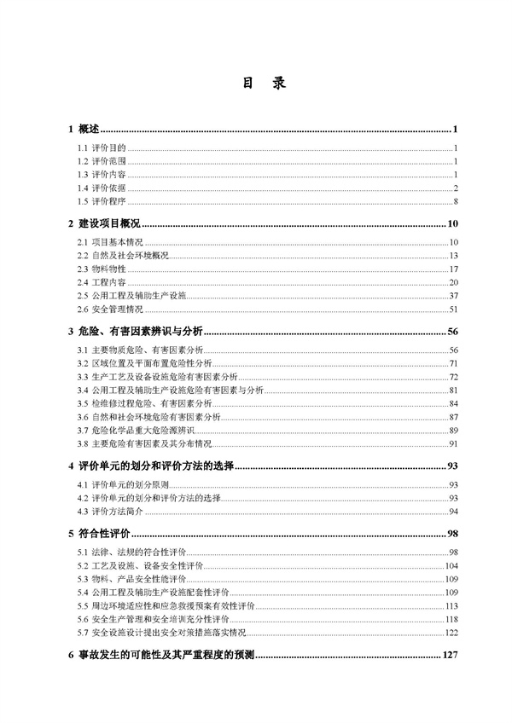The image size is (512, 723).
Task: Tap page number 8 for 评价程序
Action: (457, 201)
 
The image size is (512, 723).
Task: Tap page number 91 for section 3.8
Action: (454, 444)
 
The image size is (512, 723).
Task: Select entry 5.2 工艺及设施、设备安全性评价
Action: (140, 566)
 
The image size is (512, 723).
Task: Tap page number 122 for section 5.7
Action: (451, 633)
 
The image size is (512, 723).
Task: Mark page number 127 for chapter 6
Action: (450, 656)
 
